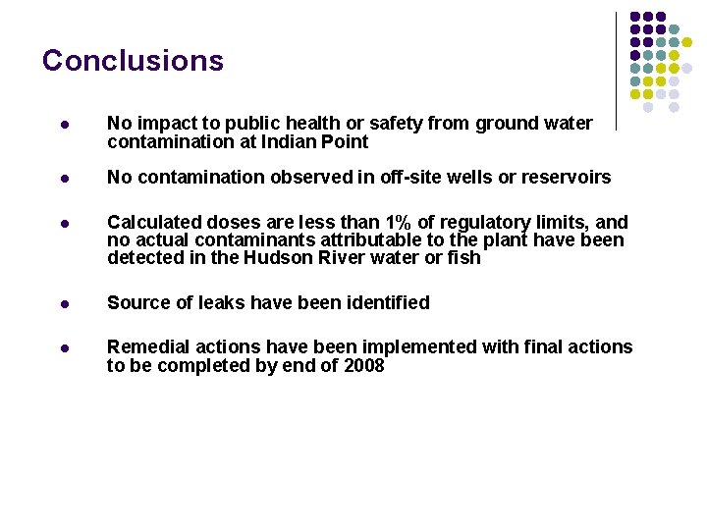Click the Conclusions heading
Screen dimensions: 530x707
click(x=133, y=61)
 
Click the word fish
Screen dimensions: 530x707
click(x=462, y=258)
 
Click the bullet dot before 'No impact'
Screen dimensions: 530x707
click(x=64, y=125)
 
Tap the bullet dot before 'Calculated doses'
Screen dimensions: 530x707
click(x=64, y=223)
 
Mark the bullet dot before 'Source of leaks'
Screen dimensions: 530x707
click(x=64, y=303)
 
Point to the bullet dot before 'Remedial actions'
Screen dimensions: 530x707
click(x=64, y=347)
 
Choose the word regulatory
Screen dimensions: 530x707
click(x=501, y=222)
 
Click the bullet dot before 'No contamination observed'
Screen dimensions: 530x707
click(x=64, y=179)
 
